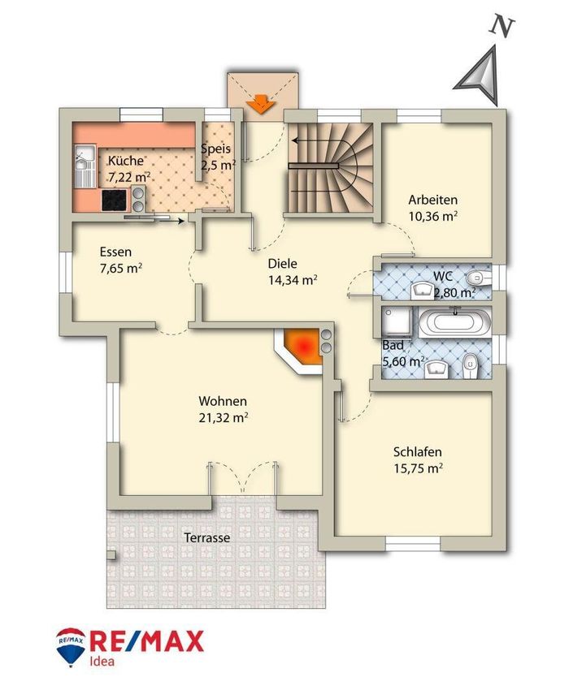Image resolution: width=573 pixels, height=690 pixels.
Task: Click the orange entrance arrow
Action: click(x=261, y=104)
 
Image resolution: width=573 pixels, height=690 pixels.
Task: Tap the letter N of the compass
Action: click(x=501, y=27)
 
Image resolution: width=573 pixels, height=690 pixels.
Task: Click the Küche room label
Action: click(x=126, y=161)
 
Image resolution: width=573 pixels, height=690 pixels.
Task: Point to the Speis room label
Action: click(x=216, y=149)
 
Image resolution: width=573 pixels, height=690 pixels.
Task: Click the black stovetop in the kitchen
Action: click(x=115, y=200)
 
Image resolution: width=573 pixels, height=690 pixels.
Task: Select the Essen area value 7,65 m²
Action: click(x=120, y=269)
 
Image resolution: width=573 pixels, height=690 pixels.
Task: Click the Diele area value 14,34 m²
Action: click(x=293, y=280)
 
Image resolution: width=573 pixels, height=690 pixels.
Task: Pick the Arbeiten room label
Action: click(x=433, y=200)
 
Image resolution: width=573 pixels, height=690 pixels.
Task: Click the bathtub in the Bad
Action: click(x=454, y=322)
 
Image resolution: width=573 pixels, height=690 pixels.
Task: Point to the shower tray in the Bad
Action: click(x=397, y=321)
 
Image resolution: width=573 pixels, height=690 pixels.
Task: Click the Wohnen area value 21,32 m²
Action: click(x=223, y=417)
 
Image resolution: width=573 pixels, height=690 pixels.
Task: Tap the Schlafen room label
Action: click(x=418, y=452)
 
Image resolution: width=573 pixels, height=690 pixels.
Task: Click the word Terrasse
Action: click(x=207, y=537)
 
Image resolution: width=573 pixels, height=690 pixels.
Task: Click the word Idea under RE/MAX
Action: click(x=102, y=662)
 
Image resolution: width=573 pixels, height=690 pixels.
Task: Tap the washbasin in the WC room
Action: click(x=423, y=291)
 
